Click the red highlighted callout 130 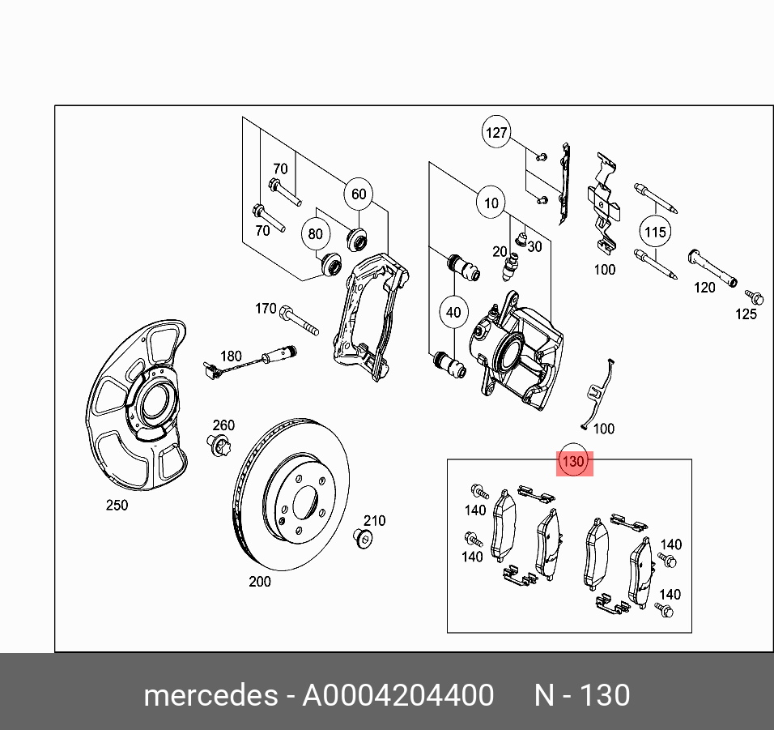click(x=574, y=463)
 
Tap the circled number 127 click(x=496, y=132)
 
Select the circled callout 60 click(x=359, y=194)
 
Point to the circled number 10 click(x=491, y=203)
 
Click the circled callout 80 click(x=315, y=235)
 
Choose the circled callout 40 click(x=453, y=312)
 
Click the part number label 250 click(x=117, y=506)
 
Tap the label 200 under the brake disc click(x=260, y=581)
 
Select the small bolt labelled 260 click(x=219, y=445)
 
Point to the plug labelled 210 click(x=364, y=538)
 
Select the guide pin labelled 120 click(x=712, y=267)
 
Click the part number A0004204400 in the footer click(x=398, y=696)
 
